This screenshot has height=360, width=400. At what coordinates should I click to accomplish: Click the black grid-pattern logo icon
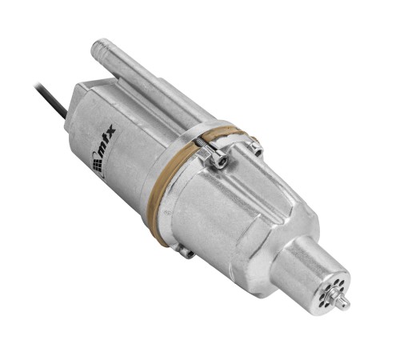tap(97, 162)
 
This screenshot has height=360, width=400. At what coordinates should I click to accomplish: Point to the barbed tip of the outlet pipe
tap(102, 46)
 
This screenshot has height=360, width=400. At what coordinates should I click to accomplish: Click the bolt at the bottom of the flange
tap(187, 254)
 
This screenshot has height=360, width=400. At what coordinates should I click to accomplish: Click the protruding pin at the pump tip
tap(346, 303)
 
